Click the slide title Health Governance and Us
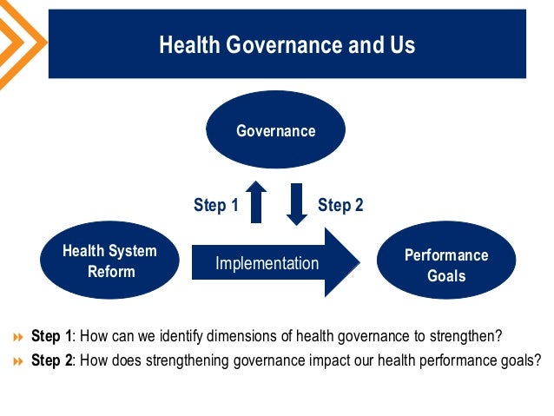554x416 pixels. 287,45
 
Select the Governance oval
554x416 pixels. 275,130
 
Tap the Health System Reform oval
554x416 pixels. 109,261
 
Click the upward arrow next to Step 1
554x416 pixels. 256,201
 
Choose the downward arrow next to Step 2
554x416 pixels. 297,203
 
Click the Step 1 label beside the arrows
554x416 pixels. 215,205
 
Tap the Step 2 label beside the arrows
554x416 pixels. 340,205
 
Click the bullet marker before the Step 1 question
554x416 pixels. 18,337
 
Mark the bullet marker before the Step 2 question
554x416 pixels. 18,361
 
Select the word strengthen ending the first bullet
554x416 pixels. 470,336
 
